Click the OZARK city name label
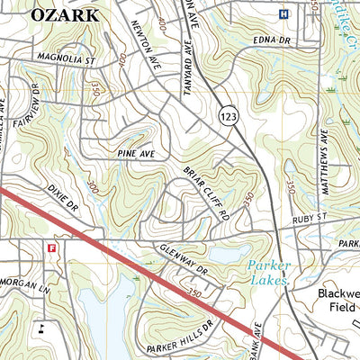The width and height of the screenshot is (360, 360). [66, 15]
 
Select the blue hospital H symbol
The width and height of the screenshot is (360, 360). [284, 13]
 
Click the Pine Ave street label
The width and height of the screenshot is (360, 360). [136, 155]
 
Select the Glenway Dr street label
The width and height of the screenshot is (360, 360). [180, 259]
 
